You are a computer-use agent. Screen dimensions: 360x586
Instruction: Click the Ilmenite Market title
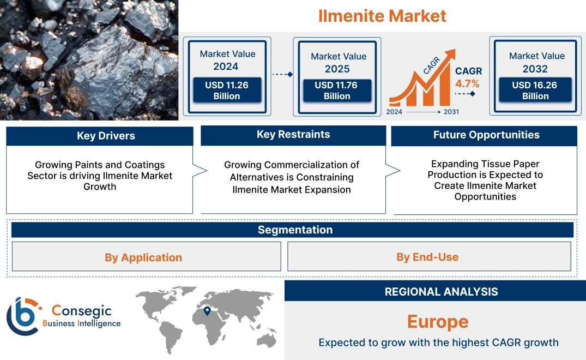[382, 16]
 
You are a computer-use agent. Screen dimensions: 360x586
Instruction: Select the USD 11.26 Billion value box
[226, 91]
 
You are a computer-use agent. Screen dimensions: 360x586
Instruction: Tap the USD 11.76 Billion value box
[337, 91]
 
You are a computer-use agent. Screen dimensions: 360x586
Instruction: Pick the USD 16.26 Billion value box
[535, 91]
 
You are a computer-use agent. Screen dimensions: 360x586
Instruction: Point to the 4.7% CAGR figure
[467, 83]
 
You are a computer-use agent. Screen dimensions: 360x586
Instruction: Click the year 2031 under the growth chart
[451, 112]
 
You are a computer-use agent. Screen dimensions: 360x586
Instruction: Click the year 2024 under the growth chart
[395, 112]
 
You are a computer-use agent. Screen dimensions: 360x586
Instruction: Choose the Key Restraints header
[293, 135]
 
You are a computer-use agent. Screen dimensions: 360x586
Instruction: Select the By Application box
[143, 257]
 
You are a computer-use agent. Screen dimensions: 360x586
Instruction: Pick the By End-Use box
[427, 257]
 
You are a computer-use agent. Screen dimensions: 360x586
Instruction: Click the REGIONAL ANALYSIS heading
[441, 292]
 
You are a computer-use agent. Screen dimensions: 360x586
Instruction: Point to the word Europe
[438, 321]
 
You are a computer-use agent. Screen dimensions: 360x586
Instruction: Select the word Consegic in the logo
[81, 311]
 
